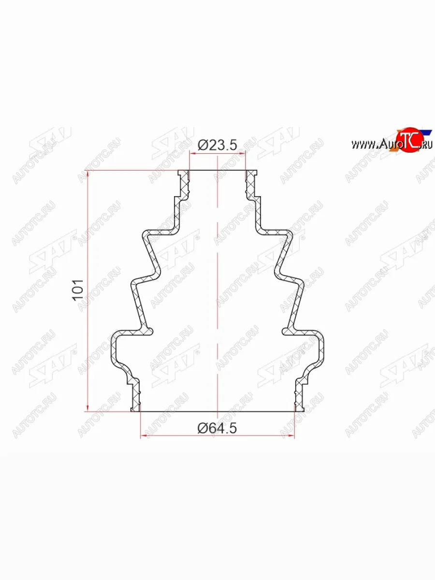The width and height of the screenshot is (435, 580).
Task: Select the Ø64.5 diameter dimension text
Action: tap(217, 427)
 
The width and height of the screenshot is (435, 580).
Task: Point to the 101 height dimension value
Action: tap(79, 290)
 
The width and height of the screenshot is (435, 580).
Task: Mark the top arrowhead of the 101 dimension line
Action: tap(87, 174)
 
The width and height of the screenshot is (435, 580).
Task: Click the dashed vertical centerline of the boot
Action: tap(218, 290)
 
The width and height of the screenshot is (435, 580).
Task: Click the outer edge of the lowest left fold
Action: tap(114, 348)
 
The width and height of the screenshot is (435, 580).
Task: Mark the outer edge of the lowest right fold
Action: tap(321, 348)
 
